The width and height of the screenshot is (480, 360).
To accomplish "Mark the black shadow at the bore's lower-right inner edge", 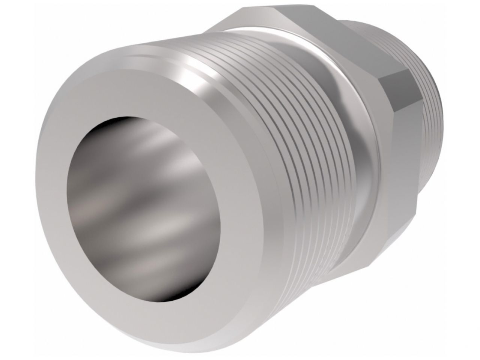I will (203, 259).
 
